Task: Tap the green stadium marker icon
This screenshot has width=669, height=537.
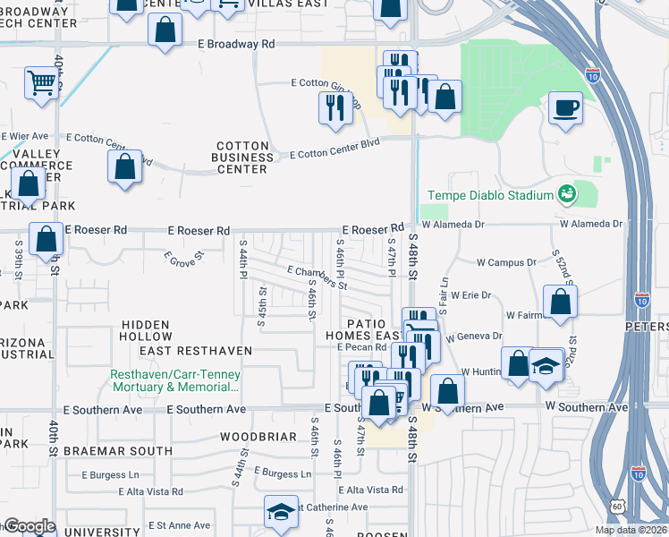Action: coord(565,192)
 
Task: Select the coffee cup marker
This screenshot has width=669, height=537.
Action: coord(565,110)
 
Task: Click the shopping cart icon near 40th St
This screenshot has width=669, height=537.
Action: coord(42,83)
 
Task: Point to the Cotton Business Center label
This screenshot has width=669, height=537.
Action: coord(242,158)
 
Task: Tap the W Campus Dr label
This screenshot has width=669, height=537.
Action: coord(506,263)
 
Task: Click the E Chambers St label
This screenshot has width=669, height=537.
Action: coord(317,277)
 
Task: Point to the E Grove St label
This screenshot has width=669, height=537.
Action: coord(184,257)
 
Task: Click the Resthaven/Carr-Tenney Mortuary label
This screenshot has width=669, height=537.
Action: coord(175,381)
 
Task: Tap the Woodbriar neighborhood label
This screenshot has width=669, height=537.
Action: coord(258,437)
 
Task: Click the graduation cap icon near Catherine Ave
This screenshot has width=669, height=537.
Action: coord(281,512)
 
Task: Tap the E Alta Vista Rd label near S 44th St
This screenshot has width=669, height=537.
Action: coord(150,491)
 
